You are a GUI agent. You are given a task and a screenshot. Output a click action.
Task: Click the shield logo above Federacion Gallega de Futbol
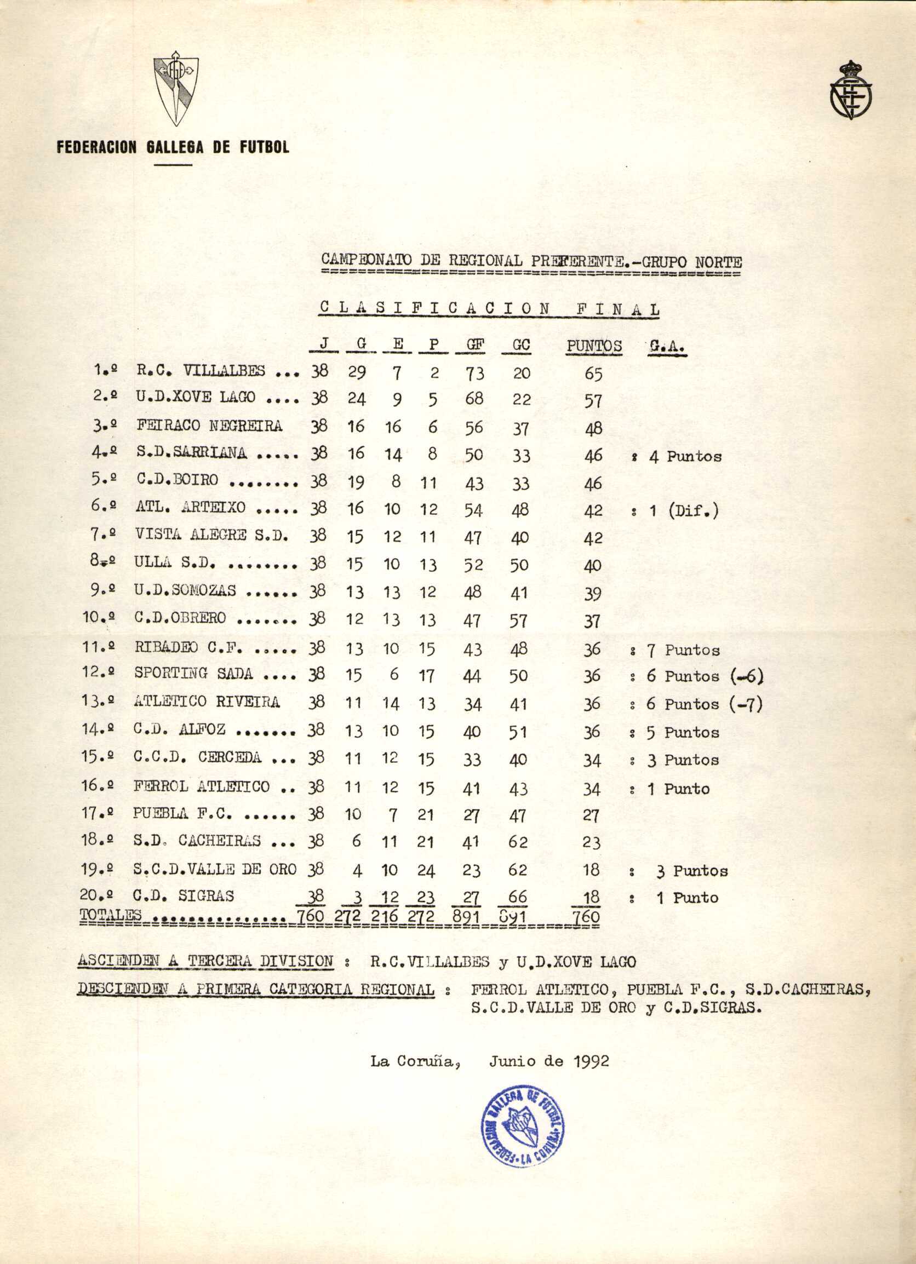176,91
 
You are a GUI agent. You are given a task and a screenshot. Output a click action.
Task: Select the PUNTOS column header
594,346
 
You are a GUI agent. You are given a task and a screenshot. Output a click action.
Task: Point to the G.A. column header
667,347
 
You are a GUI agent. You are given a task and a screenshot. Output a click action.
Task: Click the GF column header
475,346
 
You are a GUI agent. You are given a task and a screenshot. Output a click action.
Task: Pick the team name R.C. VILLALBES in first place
201,371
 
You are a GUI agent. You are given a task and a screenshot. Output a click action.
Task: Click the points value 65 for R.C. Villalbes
593,374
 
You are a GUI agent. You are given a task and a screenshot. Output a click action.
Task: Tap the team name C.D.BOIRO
177,480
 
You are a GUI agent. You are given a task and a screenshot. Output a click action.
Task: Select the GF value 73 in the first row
474,373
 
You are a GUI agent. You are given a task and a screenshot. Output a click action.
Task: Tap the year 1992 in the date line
591,1061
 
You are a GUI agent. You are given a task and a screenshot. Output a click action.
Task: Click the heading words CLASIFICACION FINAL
489,309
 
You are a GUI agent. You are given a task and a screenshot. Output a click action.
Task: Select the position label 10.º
98,618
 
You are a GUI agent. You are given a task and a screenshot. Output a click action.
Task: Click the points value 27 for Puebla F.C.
591,816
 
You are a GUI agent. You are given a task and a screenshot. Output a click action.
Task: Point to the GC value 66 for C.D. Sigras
517,897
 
